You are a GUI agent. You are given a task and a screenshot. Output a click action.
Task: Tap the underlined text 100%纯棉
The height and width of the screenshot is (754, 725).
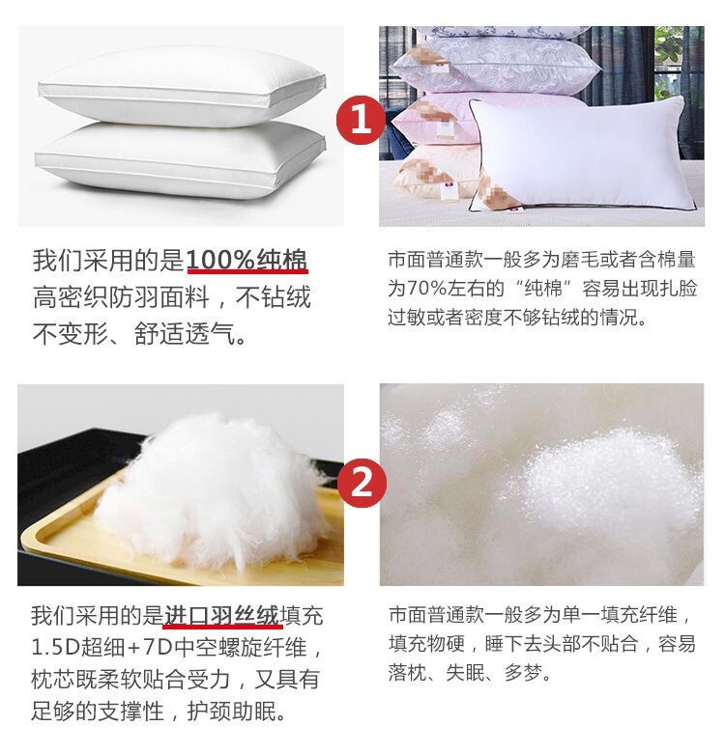(247, 261)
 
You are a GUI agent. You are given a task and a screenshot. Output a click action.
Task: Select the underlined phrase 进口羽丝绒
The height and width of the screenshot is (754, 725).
(221, 615)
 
